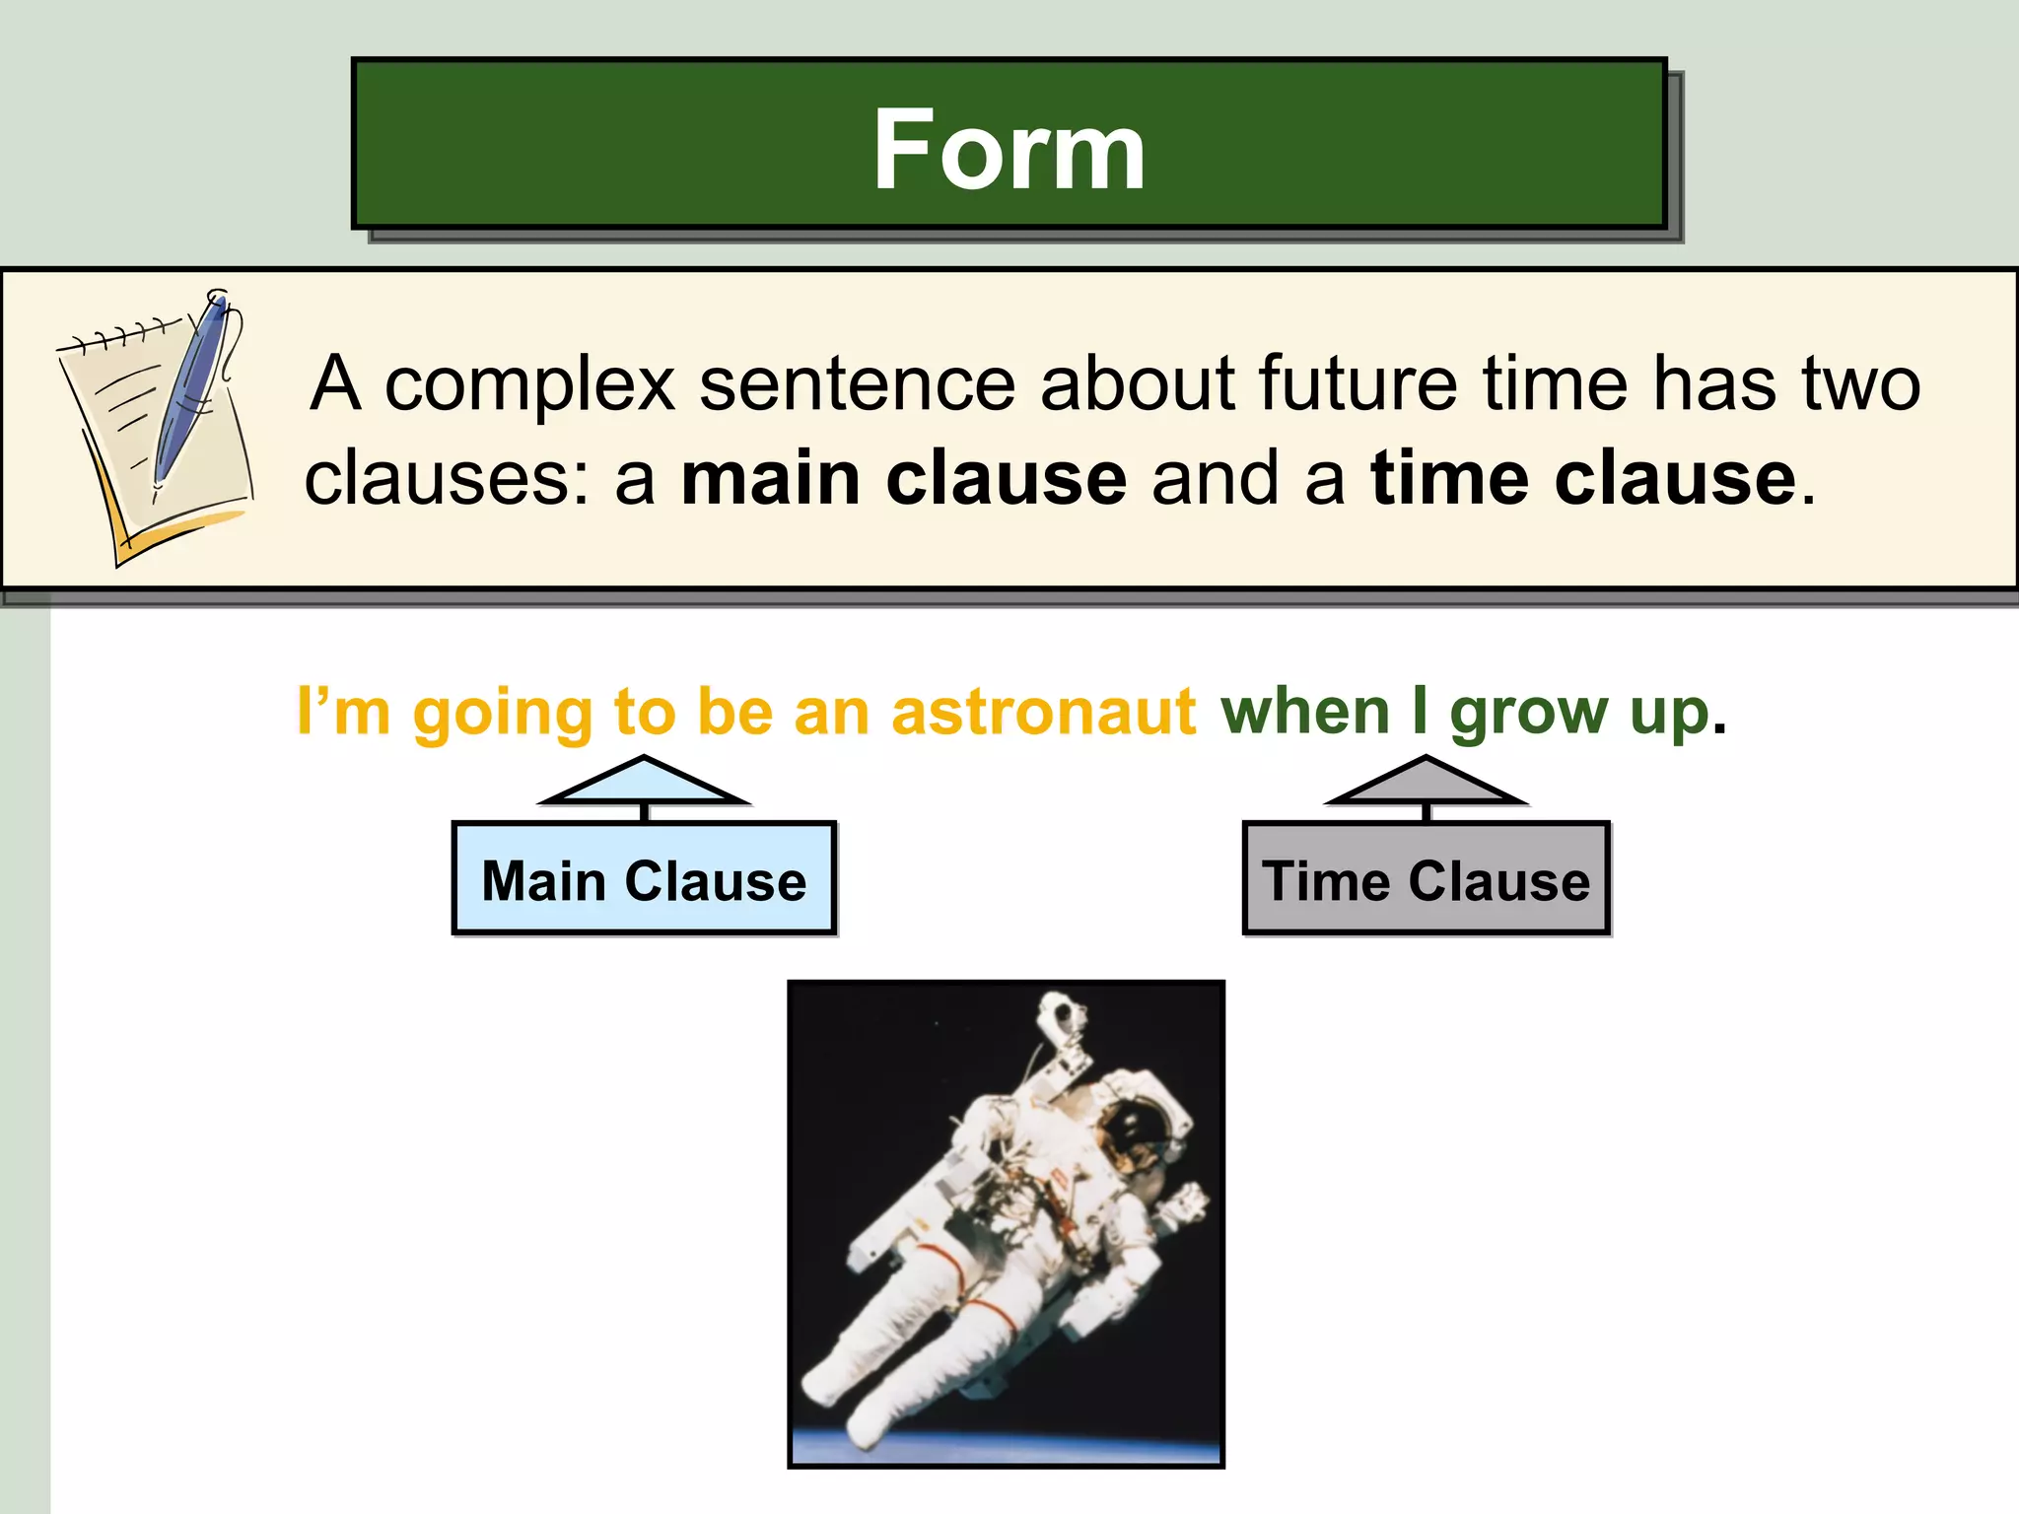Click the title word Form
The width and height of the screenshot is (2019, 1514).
point(1009,150)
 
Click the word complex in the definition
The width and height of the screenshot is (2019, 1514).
point(529,383)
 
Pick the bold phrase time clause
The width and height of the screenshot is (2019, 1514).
point(1583,479)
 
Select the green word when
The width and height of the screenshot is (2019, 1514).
point(1305,712)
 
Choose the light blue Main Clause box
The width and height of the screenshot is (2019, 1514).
point(644,879)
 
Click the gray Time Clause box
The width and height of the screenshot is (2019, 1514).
point(1426,879)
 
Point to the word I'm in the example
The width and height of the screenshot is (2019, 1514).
point(343,712)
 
